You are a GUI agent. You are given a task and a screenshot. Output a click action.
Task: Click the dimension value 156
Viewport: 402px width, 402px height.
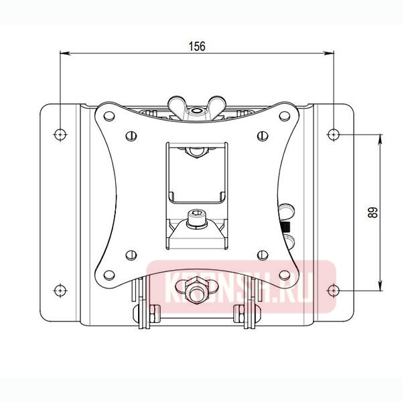coord(196,46)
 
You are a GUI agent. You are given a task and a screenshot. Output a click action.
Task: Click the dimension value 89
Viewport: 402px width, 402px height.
coord(373,212)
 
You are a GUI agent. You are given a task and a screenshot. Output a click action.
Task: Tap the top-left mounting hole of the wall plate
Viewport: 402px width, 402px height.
coord(60,134)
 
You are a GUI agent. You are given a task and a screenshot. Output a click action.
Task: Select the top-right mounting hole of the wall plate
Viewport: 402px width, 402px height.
coord(333,134)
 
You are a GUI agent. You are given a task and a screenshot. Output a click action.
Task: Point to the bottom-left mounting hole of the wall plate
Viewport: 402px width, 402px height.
coord(60,290)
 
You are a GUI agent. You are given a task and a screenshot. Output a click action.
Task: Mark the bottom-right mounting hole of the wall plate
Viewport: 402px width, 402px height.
coord(333,290)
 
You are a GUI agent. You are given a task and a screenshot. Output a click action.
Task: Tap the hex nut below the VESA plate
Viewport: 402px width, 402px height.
coord(196,288)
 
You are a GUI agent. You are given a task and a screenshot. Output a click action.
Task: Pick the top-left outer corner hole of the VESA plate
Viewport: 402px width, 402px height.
coord(107,115)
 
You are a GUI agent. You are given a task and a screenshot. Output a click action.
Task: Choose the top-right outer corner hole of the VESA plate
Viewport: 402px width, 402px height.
coord(286,115)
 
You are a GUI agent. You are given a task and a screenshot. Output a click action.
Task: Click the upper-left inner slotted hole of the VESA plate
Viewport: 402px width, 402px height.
coord(128,136)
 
